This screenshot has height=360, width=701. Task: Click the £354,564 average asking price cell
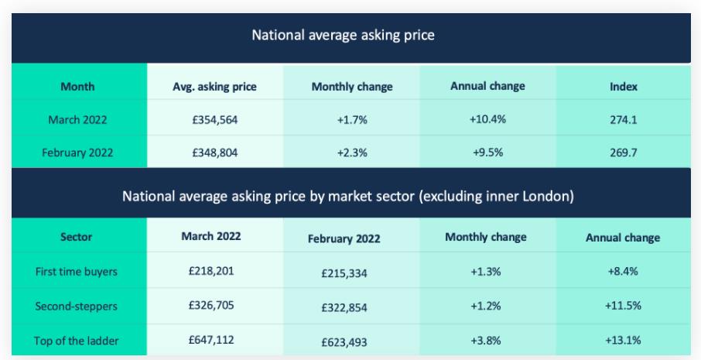tap(214, 119)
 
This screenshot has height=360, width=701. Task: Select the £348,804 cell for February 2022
tap(214, 152)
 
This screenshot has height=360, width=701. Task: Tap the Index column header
tap(623, 87)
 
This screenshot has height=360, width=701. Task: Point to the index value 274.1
tap(623, 120)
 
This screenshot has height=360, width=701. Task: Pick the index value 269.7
tap(623, 152)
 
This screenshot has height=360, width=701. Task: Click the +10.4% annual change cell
tap(487, 119)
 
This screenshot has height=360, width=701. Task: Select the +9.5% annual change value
tap(487, 152)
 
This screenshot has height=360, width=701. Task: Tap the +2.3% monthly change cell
tap(351, 152)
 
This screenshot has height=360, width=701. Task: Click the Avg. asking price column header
tap(214, 87)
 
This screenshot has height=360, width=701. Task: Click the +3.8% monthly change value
tap(487, 340)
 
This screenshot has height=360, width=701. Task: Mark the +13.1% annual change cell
tap(623, 340)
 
